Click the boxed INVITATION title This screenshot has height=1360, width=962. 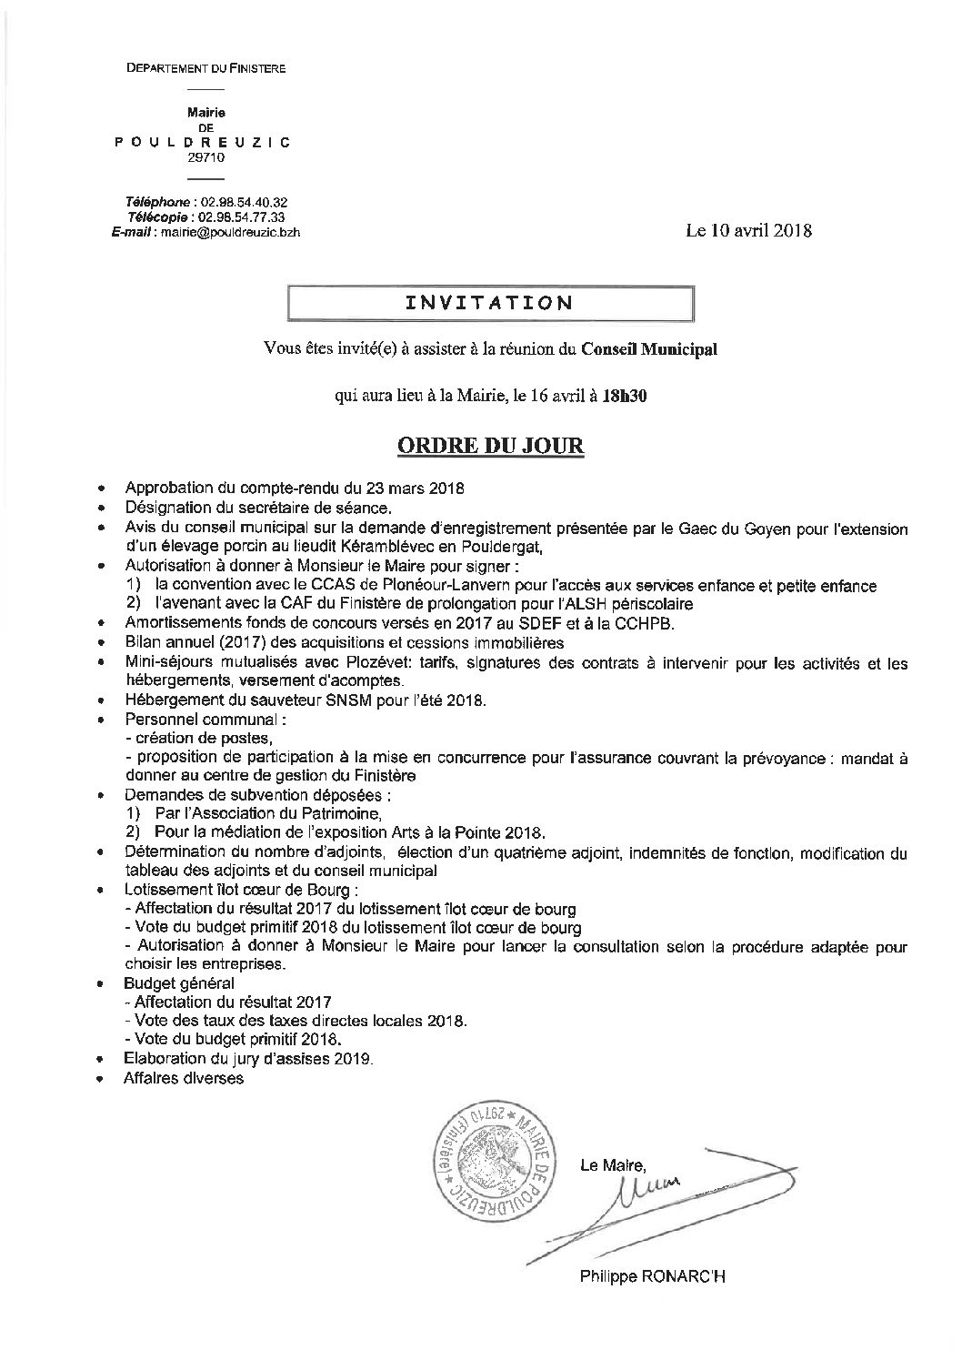pyautogui.click(x=489, y=303)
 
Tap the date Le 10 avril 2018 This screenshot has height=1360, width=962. pyautogui.click(x=748, y=230)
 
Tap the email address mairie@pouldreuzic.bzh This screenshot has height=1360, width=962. pyautogui.click(x=229, y=232)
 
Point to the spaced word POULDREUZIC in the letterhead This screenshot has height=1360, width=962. pyautogui.click(x=204, y=143)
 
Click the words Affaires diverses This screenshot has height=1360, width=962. pyautogui.click(x=184, y=1079)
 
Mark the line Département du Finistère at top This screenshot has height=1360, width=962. pyautogui.click(x=205, y=69)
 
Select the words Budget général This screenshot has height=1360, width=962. pyautogui.click(x=179, y=982)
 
